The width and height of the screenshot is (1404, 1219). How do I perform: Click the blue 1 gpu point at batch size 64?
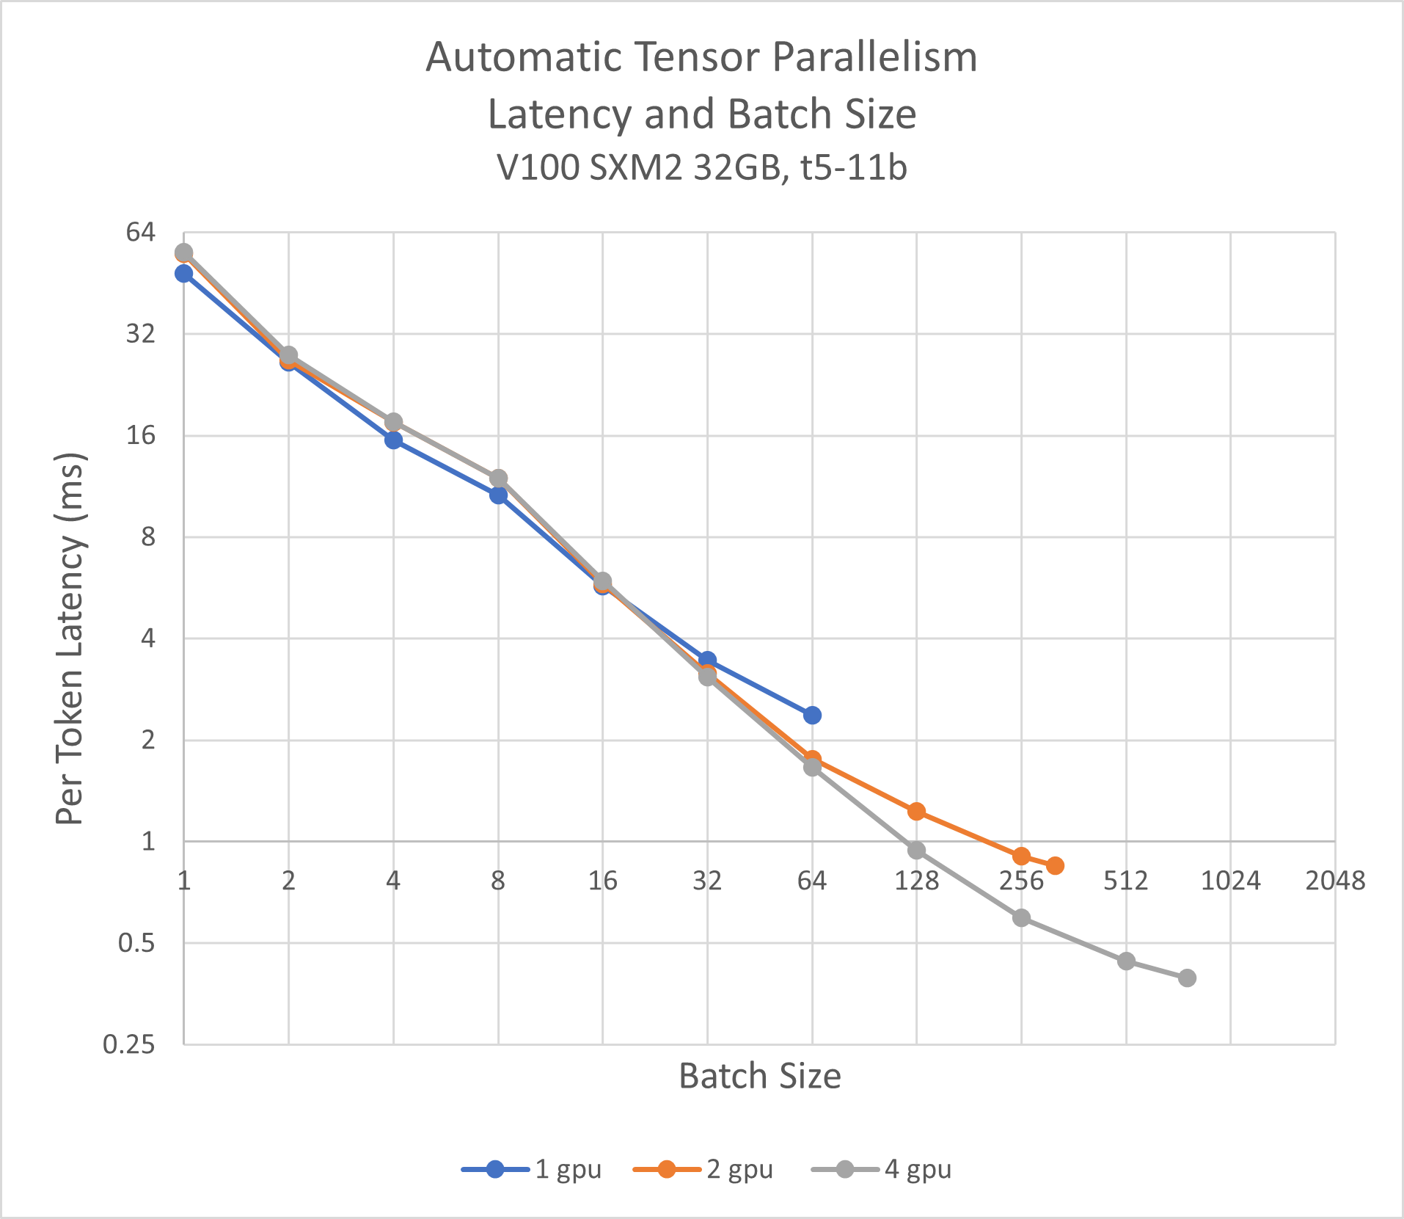(x=812, y=715)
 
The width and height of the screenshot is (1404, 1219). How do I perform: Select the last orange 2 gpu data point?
(x=1055, y=866)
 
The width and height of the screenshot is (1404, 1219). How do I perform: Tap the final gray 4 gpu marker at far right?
(x=1188, y=978)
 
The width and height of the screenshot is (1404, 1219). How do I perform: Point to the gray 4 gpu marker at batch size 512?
(x=1126, y=961)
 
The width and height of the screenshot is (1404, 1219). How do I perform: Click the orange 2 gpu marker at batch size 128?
(x=916, y=811)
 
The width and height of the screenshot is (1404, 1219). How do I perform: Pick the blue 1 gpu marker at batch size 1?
(x=184, y=274)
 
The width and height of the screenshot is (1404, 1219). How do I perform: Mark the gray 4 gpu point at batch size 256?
(x=1021, y=918)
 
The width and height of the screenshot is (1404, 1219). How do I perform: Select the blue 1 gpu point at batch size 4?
(x=393, y=440)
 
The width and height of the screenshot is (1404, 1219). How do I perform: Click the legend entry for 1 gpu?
(x=532, y=1169)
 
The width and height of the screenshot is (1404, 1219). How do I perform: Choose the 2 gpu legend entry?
(x=703, y=1169)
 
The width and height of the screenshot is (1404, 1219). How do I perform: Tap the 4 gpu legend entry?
(x=882, y=1169)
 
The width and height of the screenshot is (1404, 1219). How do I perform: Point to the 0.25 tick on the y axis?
(x=129, y=1044)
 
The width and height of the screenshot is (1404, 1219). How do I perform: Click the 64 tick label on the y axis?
(x=141, y=233)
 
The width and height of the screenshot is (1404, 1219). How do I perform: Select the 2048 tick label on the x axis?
(x=1335, y=881)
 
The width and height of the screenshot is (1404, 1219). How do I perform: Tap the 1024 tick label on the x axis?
(x=1230, y=881)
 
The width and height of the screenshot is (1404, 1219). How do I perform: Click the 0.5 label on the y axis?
(x=136, y=943)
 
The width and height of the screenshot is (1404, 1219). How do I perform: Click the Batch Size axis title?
(x=759, y=1077)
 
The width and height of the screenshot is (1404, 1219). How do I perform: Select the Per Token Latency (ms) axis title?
(x=70, y=638)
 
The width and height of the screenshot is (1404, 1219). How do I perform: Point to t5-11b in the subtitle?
(x=854, y=168)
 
